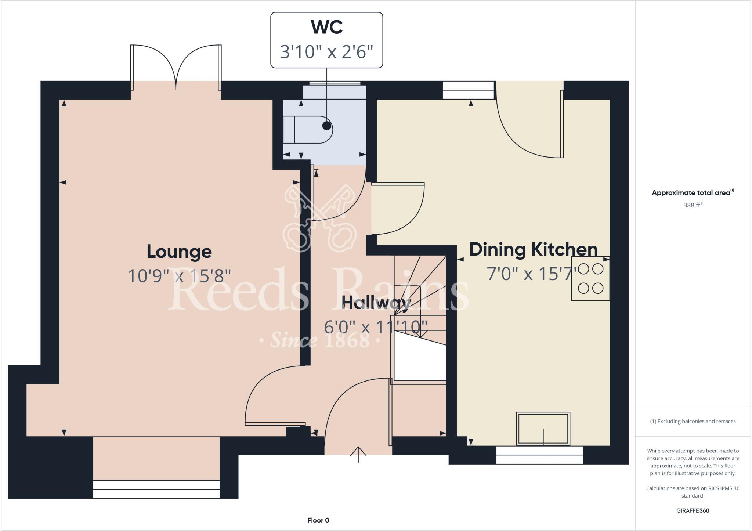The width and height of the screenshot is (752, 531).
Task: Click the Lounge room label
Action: click(x=179, y=252)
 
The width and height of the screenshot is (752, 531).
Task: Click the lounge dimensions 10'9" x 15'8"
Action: click(x=179, y=276)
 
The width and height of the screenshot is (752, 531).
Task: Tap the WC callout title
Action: click(x=326, y=27)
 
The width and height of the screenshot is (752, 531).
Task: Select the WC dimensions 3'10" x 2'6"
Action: click(x=326, y=52)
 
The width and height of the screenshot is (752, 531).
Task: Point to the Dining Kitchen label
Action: click(x=533, y=249)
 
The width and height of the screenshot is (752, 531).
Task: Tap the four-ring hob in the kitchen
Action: click(x=590, y=279)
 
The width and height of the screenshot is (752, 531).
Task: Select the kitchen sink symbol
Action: click(x=543, y=429)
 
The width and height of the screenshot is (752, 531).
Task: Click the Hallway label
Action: click(x=376, y=303)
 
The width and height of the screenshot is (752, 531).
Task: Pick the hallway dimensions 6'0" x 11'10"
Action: click(x=376, y=326)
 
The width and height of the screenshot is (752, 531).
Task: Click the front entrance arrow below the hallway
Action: click(x=358, y=455)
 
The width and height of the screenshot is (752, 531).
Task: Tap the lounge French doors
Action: click(x=176, y=68)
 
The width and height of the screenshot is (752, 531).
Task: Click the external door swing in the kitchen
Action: click(x=529, y=125)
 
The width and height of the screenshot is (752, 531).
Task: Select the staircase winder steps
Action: click(x=420, y=290)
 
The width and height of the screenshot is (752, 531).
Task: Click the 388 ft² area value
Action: click(x=693, y=205)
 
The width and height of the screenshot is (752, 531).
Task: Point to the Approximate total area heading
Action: click(x=693, y=192)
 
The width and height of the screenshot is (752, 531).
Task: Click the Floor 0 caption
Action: click(x=318, y=520)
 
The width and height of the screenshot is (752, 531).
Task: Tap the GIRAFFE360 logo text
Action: click(x=693, y=510)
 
